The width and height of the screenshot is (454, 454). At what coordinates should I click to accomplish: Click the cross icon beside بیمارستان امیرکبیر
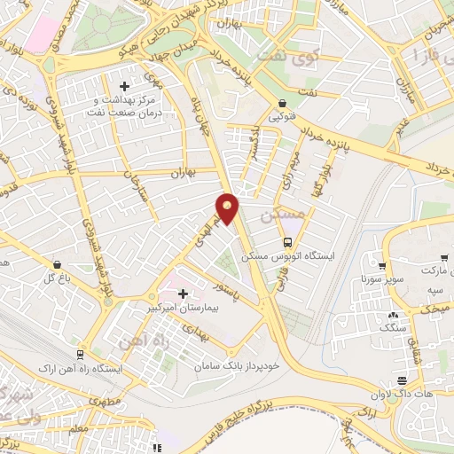click(x=183, y=294)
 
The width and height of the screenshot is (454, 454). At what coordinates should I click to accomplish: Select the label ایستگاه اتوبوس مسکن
click(x=320, y=255)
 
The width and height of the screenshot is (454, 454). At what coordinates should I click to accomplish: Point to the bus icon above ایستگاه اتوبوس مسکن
click(x=287, y=242)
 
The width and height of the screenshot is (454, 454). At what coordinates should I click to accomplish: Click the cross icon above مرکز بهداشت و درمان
click(x=124, y=87)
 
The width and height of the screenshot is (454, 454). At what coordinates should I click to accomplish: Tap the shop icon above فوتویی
click(x=282, y=103)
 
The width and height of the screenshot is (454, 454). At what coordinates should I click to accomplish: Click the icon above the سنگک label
click(x=392, y=316)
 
